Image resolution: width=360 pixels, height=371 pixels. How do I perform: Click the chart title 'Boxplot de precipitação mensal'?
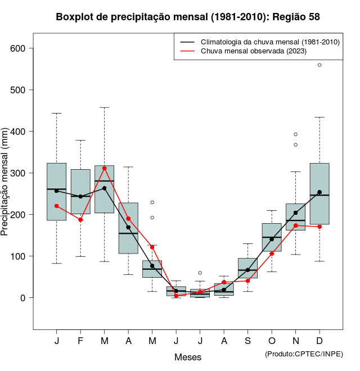click(188, 17)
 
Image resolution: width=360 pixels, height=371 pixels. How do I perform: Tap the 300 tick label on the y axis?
click(19, 173)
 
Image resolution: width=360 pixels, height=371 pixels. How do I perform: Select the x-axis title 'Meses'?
click(188, 357)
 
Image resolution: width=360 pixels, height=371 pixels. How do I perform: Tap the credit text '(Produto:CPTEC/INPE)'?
click(304, 354)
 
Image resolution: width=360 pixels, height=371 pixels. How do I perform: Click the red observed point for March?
click(104, 168)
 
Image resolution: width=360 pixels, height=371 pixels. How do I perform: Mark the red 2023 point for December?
click(319, 227)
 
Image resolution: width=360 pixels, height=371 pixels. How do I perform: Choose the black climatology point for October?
click(272, 239)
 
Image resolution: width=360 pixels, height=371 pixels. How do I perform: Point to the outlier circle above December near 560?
click(319, 65)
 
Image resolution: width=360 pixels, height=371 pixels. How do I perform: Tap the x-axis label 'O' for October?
click(272, 341)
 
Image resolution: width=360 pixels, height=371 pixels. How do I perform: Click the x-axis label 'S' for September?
click(247, 341)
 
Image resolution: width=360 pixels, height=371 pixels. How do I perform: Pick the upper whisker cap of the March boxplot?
click(104, 107)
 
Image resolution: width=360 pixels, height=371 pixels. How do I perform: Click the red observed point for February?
click(80, 219)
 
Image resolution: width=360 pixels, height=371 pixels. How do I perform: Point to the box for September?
click(247, 268)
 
